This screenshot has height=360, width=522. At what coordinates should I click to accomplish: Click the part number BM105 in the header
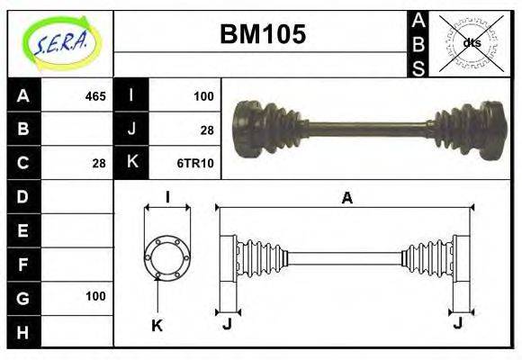click(x=263, y=34)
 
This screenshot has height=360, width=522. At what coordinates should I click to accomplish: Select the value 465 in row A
click(x=95, y=96)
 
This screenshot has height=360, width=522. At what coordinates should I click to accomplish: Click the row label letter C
click(x=23, y=163)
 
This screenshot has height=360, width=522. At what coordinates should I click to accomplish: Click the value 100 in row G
click(x=95, y=296)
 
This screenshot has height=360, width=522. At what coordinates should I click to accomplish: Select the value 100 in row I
click(x=202, y=96)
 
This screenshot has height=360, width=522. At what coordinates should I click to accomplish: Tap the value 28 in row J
click(x=206, y=130)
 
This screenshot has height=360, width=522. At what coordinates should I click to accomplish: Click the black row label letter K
click(x=131, y=163)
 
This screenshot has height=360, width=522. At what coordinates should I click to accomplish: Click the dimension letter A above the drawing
click(x=346, y=199)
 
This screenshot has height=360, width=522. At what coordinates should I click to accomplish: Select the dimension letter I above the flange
click(x=166, y=198)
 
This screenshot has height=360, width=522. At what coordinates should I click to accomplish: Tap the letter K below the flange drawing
click(x=157, y=326)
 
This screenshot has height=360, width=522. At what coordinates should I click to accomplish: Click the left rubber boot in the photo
click(x=270, y=128)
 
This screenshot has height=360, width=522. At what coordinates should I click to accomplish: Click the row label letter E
click(x=23, y=230)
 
